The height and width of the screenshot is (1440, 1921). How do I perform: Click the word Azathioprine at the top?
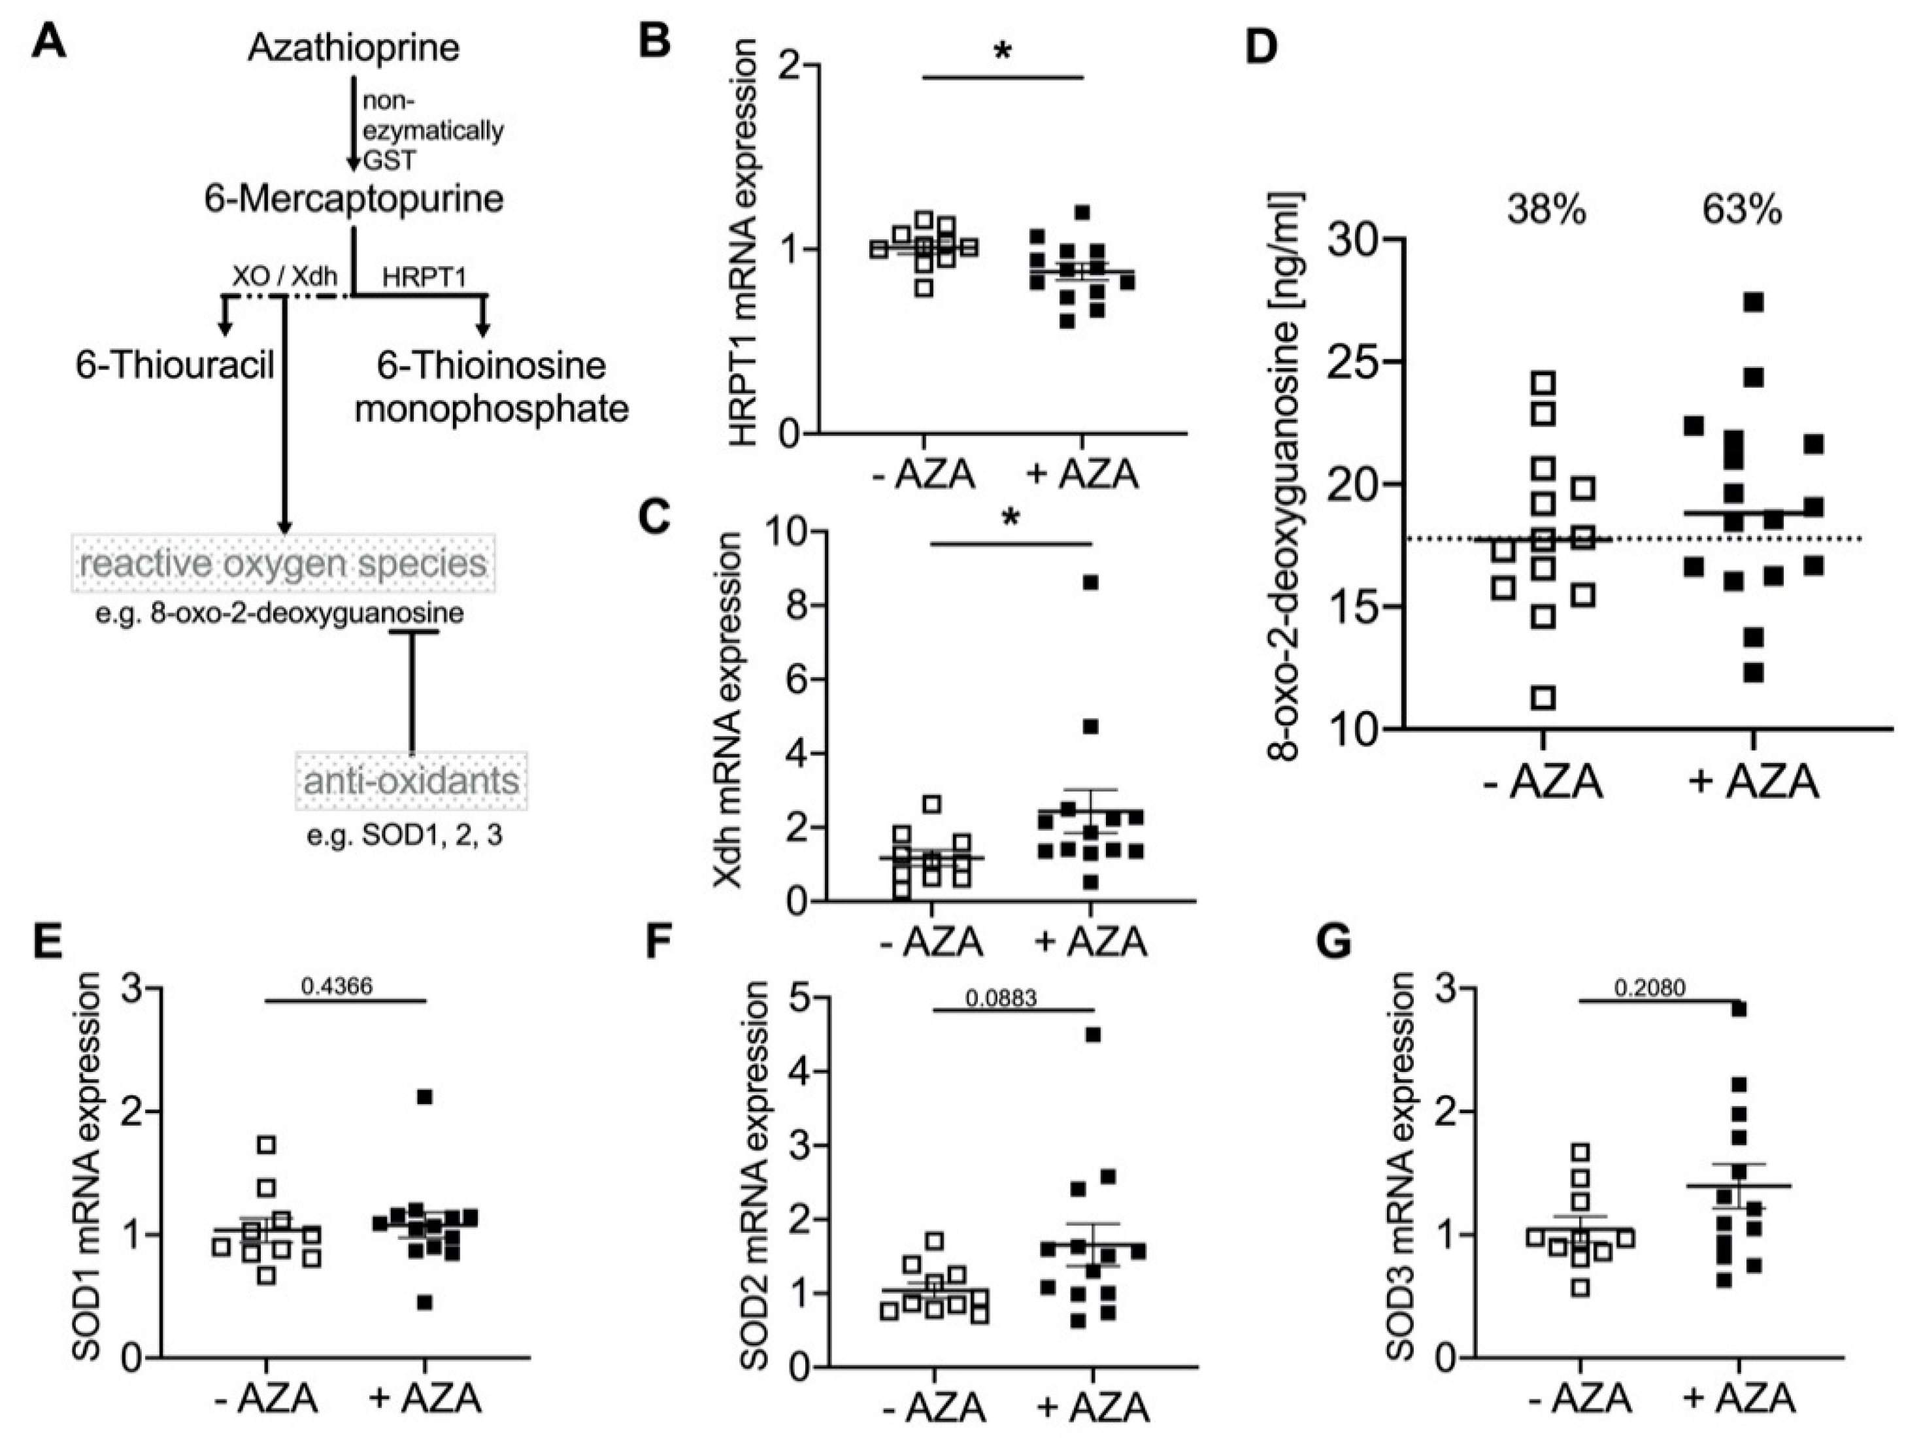pos(354,47)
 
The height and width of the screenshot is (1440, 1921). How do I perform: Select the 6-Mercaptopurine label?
pos(354,199)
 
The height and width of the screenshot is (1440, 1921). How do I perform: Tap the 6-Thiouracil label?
pos(175,365)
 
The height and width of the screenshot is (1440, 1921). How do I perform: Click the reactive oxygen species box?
pos(283,563)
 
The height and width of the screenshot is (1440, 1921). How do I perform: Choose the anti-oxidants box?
pos(410,780)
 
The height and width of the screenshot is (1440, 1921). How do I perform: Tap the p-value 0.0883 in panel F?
pos(1001,998)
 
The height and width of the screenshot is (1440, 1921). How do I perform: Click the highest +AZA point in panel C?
pos(1091,582)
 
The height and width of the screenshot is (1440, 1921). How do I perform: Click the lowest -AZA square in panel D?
pos(1543,697)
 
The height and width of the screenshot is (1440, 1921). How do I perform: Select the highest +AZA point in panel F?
pos(1094,1034)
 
